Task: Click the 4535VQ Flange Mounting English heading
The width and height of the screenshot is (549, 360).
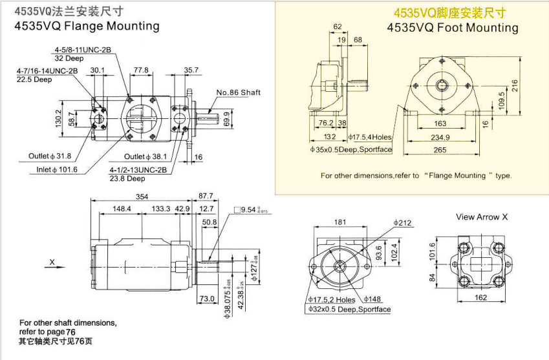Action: pyautogui.click(x=87, y=26)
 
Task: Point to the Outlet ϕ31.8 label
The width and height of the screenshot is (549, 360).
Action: pyautogui.click(x=50, y=156)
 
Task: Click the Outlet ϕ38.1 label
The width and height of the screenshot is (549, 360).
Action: pyautogui.click(x=145, y=156)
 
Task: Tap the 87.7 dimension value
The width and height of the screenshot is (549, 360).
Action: pyautogui.click(x=206, y=196)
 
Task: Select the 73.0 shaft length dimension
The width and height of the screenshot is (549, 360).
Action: pyautogui.click(x=206, y=299)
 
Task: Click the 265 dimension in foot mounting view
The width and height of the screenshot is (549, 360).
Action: pyautogui.click(x=440, y=151)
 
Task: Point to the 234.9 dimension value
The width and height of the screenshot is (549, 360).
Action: pyautogui.click(x=440, y=137)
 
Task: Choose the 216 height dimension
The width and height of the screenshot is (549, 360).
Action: pyautogui.click(x=515, y=85)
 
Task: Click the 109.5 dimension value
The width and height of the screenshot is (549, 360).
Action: pyautogui.click(x=501, y=101)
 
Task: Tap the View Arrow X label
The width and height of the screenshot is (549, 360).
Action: pyautogui.click(x=482, y=217)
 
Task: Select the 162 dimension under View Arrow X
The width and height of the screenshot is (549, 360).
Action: pyautogui.click(x=480, y=297)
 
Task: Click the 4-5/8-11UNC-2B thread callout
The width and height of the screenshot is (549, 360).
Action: pyautogui.click(x=83, y=50)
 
